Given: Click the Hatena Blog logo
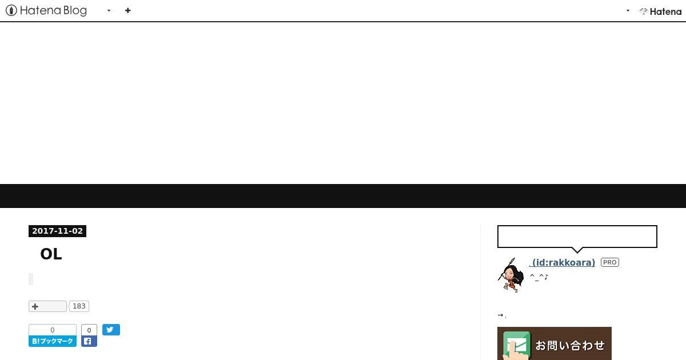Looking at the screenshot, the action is pyautogui.click(x=46, y=11).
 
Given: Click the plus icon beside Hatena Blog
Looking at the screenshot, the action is pyautogui.click(x=127, y=11).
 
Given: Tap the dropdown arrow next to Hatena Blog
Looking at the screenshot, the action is pyautogui.click(x=109, y=11).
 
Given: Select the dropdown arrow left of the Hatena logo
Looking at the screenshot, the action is pyautogui.click(x=628, y=11).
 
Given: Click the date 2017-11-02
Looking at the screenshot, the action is pyautogui.click(x=57, y=231).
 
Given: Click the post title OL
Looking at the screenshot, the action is pyautogui.click(x=51, y=254).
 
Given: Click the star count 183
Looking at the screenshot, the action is pyautogui.click(x=79, y=306).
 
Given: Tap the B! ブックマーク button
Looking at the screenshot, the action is pyautogui.click(x=53, y=341).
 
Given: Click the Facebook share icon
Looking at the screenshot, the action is pyautogui.click(x=89, y=341).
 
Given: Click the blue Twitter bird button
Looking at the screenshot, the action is pyautogui.click(x=111, y=330).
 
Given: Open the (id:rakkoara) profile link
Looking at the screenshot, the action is pyautogui.click(x=562, y=263).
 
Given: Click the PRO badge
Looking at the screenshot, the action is pyautogui.click(x=610, y=262).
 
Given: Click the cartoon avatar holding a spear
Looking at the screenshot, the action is pyautogui.click(x=510, y=275).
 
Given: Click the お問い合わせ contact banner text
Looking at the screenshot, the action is pyautogui.click(x=570, y=345).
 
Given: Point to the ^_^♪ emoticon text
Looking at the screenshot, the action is pyautogui.click(x=539, y=277).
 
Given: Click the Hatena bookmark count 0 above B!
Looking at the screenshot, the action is pyautogui.click(x=53, y=330).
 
